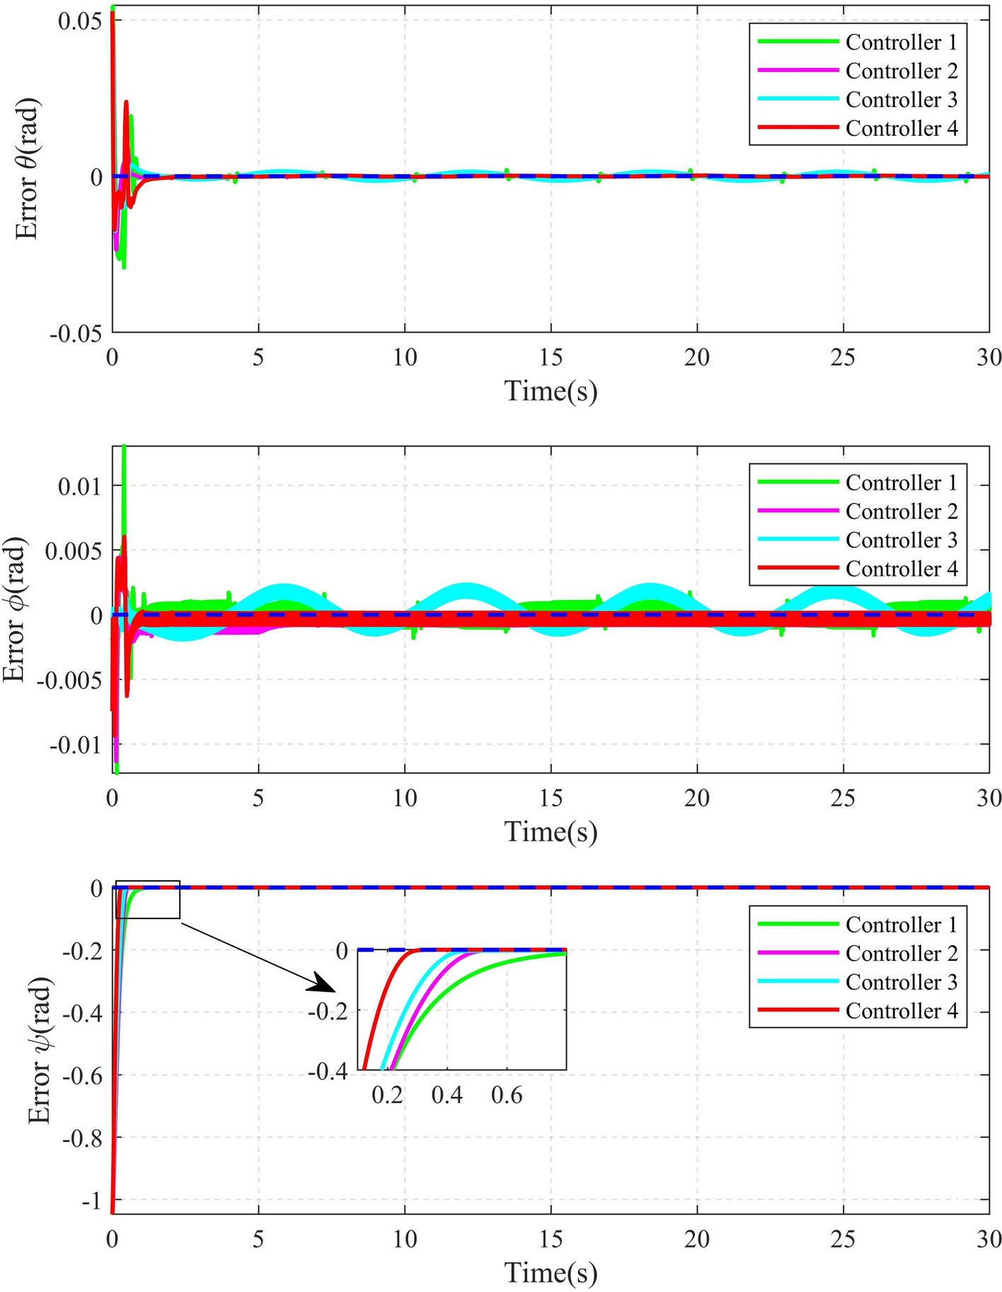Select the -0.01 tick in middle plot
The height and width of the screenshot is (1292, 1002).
[x=79, y=744]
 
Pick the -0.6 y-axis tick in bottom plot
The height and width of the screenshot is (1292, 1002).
[x=85, y=1075]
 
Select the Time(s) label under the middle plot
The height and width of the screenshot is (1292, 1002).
[x=551, y=831]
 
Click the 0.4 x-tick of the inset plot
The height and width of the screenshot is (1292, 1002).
[x=447, y=1096]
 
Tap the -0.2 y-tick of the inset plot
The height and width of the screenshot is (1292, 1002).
[x=329, y=1011]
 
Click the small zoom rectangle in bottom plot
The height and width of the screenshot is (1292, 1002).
[x=148, y=899]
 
